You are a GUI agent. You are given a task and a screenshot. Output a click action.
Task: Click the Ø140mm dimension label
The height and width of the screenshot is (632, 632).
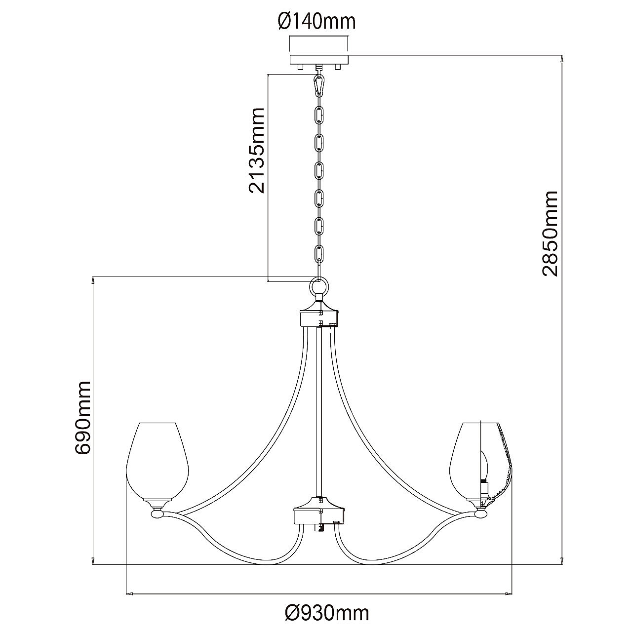coord(316,22)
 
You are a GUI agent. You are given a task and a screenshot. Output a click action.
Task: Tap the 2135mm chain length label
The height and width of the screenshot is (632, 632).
coord(256,151)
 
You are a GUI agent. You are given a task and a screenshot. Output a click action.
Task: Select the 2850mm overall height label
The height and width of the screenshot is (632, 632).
coord(550,233)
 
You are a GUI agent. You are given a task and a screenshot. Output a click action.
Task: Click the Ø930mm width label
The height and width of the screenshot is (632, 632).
coord(327,613)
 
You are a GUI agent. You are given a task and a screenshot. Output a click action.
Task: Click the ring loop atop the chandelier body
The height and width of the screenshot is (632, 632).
coord(319,286)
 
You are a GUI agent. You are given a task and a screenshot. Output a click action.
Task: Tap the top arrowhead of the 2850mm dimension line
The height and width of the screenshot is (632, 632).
coord(562,59)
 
